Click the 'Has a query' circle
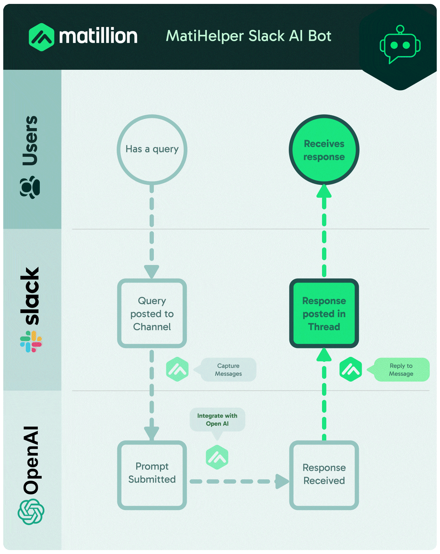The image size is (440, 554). [x=152, y=149]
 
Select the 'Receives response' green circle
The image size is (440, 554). [x=324, y=150]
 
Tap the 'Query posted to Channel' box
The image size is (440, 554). [x=152, y=313]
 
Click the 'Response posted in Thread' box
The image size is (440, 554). [x=324, y=313]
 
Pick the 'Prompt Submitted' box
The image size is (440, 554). [x=152, y=475]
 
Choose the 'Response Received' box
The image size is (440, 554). [x=324, y=475]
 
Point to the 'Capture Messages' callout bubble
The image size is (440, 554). [x=228, y=370]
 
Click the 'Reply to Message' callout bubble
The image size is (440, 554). [x=401, y=370]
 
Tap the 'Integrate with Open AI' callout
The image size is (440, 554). [x=217, y=420]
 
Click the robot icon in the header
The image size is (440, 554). [x=400, y=45]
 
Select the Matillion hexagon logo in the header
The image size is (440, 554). [x=41, y=37]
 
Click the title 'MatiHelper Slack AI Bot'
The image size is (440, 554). [x=248, y=36]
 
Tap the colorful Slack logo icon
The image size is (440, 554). [x=31, y=342]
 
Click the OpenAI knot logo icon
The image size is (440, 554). [x=31, y=512]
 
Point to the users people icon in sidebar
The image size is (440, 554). [x=30, y=187]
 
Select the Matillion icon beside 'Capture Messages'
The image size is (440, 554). [x=177, y=370]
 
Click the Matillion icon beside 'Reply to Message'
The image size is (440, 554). [x=351, y=370]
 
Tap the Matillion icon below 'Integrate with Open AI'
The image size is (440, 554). [x=217, y=458]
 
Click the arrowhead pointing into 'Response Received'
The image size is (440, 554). [x=282, y=481]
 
